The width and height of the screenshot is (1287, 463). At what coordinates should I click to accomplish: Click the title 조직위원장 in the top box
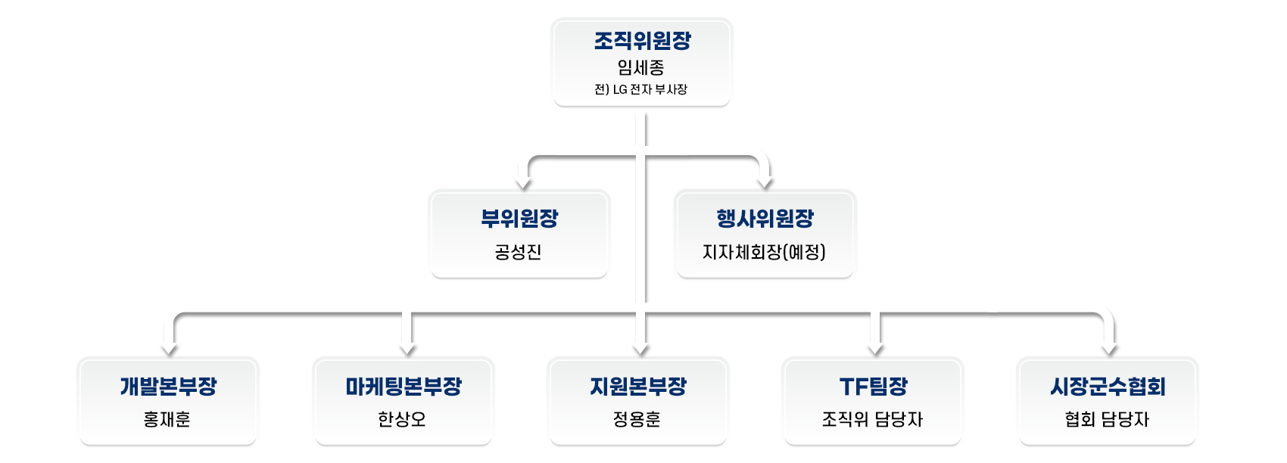click(x=642, y=41)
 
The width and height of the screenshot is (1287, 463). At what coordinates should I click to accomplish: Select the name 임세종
click(x=640, y=68)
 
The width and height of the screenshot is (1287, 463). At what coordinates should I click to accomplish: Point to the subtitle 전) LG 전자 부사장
click(x=640, y=89)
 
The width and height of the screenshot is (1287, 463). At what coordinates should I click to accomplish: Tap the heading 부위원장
click(x=519, y=219)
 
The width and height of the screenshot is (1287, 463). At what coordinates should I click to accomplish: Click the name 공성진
click(x=519, y=252)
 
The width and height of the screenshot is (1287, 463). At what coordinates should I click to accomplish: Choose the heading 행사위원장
click(x=765, y=219)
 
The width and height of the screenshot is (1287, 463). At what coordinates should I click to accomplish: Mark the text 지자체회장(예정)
click(x=764, y=252)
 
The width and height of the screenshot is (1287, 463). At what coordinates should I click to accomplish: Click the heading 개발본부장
click(x=168, y=386)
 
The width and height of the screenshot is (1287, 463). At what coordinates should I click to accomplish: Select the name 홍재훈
click(x=167, y=419)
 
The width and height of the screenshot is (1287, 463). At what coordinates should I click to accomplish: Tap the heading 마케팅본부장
click(x=404, y=386)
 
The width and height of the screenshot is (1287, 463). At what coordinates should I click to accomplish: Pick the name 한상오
click(x=401, y=419)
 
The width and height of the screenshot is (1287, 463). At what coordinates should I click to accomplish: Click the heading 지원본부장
click(x=638, y=386)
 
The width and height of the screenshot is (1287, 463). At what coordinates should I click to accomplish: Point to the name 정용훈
click(x=637, y=419)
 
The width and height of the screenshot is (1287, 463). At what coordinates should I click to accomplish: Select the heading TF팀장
click(x=874, y=386)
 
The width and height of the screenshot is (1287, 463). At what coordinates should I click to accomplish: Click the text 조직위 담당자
click(x=872, y=419)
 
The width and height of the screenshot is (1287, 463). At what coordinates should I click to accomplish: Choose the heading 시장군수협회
click(x=1108, y=386)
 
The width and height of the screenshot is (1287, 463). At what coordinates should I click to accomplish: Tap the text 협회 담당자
click(x=1107, y=419)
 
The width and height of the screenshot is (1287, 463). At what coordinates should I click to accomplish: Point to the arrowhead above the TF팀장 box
click(x=876, y=349)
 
